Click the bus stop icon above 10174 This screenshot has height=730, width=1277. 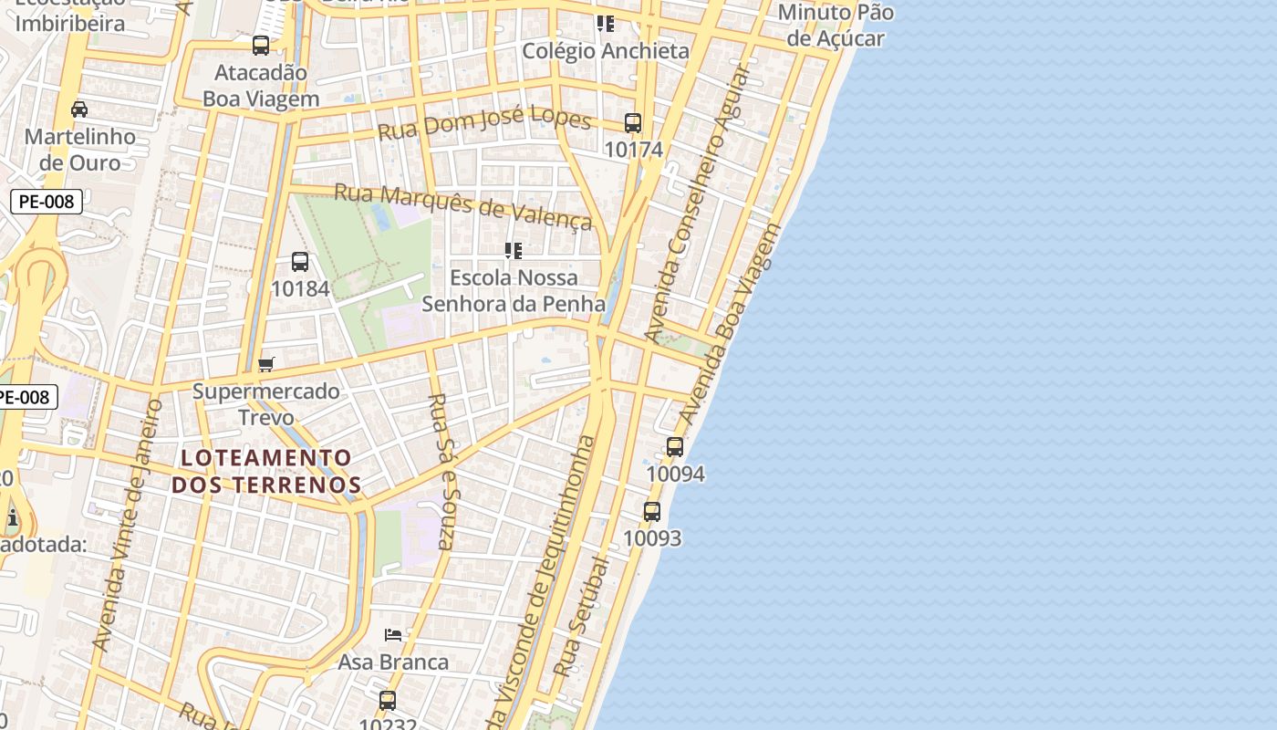point(632,123)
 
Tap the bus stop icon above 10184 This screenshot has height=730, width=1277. point(299,262)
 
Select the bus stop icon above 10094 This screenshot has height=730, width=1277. point(675,447)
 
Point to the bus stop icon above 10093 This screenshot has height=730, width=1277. point(652,512)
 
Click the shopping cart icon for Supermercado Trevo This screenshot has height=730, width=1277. point(266,365)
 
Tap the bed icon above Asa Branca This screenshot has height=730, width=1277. point(393,635)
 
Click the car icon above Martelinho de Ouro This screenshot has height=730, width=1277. point(79,109)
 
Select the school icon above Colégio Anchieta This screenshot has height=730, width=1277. point(605,24)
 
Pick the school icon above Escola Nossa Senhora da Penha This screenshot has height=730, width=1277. point(514,250)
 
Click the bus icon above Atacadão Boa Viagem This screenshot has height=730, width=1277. point(261,46)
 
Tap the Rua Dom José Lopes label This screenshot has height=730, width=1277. point(484,125)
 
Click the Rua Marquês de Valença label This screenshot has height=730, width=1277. point(463,205)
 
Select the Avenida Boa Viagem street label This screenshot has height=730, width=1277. point(732,324)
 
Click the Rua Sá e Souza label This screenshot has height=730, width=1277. point(441,471)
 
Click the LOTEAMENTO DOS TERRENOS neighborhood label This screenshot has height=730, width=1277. point(266,471)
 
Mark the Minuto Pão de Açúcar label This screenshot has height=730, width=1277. point(836,26)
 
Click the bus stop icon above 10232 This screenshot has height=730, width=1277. point(388,701)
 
